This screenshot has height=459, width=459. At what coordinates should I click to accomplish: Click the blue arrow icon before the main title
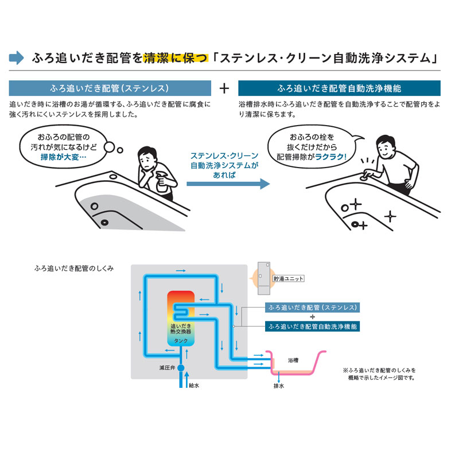click(x=17, y=57)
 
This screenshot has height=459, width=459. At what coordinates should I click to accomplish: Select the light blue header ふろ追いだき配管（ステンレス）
click(x=110, y=88)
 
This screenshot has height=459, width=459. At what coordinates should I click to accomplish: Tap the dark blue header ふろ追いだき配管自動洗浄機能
click(x=339, y=88)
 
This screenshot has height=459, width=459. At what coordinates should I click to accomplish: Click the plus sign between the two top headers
click(x=225, y=88)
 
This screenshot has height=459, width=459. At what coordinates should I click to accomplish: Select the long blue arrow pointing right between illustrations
click(x=227, y=184)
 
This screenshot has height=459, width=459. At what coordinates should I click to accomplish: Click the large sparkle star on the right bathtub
click(x=390, y=216)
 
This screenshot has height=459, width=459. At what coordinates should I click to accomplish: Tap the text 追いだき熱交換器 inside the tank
click(x=180, y=329)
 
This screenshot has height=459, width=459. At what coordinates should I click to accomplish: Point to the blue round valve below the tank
click(x=181, y=366)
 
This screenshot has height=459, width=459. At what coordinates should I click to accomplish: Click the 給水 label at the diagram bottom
click(x=194, y=385)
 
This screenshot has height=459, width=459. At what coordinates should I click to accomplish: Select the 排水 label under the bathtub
click(x=279, y=386)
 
